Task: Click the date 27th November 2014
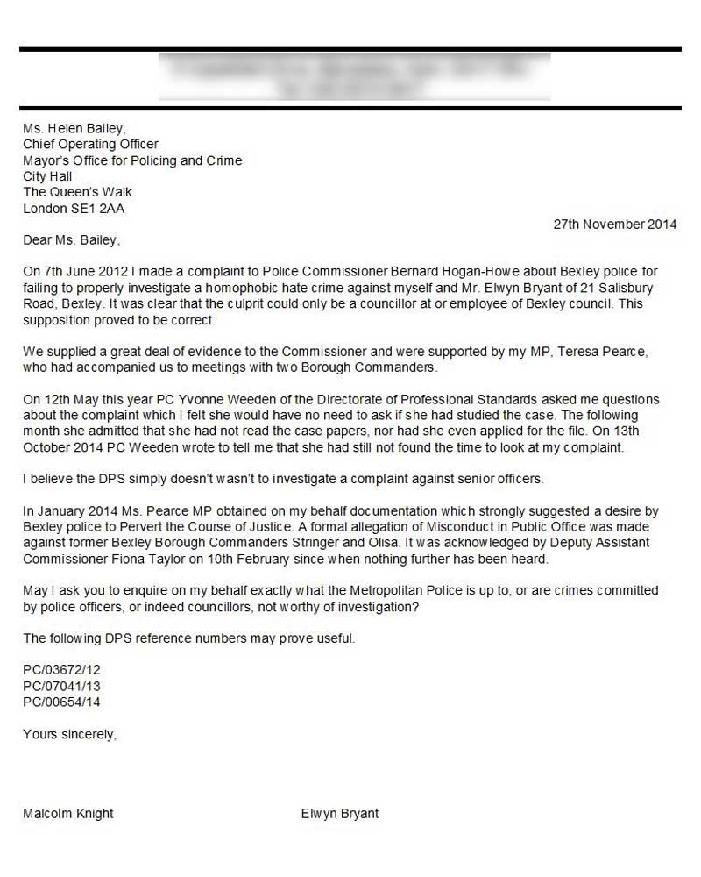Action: pyautogui.click(x=614, y=225)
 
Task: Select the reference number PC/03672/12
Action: pyautogui.click(x=61, y=670)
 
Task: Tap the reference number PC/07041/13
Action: pyautogui.click(x=61, y=686)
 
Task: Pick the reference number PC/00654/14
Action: pyautogui.click(x=61, y=702)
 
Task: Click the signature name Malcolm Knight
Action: pyautogui.click(x=68, y=814)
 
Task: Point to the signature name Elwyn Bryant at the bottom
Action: pyautogui.click(x=340, y=814)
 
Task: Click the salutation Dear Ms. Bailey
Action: pyautogui.click(x=71, y=240)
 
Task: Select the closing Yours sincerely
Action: pyautogui.click(x=69, y=734)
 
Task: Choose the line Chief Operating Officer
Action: pyautogui.click(x=90, y=145)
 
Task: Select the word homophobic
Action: pyautogui.click(x=242, y=288)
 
